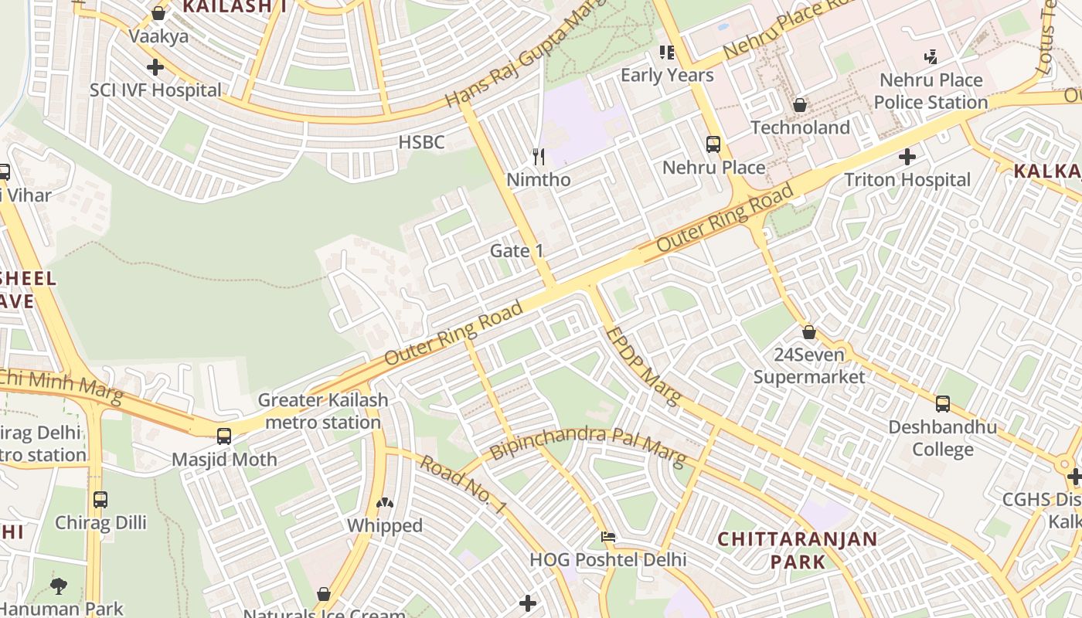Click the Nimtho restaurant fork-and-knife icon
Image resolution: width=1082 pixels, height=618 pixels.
tap(539, 157)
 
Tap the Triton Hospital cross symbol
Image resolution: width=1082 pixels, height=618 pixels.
tap(907, 158)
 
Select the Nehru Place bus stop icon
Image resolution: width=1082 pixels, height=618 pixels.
tap(713, 144)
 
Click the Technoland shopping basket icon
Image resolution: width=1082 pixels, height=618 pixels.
tap(800, 104)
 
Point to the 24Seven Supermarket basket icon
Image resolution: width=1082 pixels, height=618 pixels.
tap(809, 332)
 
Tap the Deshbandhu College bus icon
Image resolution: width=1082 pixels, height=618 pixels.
tap(943, 403)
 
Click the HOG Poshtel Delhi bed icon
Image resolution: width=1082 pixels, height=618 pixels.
tap(609, 536)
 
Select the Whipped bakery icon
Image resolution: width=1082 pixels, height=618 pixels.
tap(384, 503)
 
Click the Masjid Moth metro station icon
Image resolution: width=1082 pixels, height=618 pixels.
tap(224, 436)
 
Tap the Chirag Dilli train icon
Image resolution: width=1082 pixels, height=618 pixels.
tap(100, 500)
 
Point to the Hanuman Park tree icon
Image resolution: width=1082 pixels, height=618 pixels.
tap(59, 586)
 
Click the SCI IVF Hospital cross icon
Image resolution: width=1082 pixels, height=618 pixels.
tap(155, 67)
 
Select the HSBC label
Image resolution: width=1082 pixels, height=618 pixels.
tap(421, 142)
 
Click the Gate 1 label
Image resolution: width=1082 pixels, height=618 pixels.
tap(517, 251)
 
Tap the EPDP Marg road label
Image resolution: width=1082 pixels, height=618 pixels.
tap(642, 366)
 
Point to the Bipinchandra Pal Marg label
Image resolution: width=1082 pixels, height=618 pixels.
tap(587, 446)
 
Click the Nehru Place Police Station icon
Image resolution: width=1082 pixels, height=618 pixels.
tap(931, 56)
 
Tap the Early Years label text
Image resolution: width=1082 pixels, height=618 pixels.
tap(667, 75)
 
